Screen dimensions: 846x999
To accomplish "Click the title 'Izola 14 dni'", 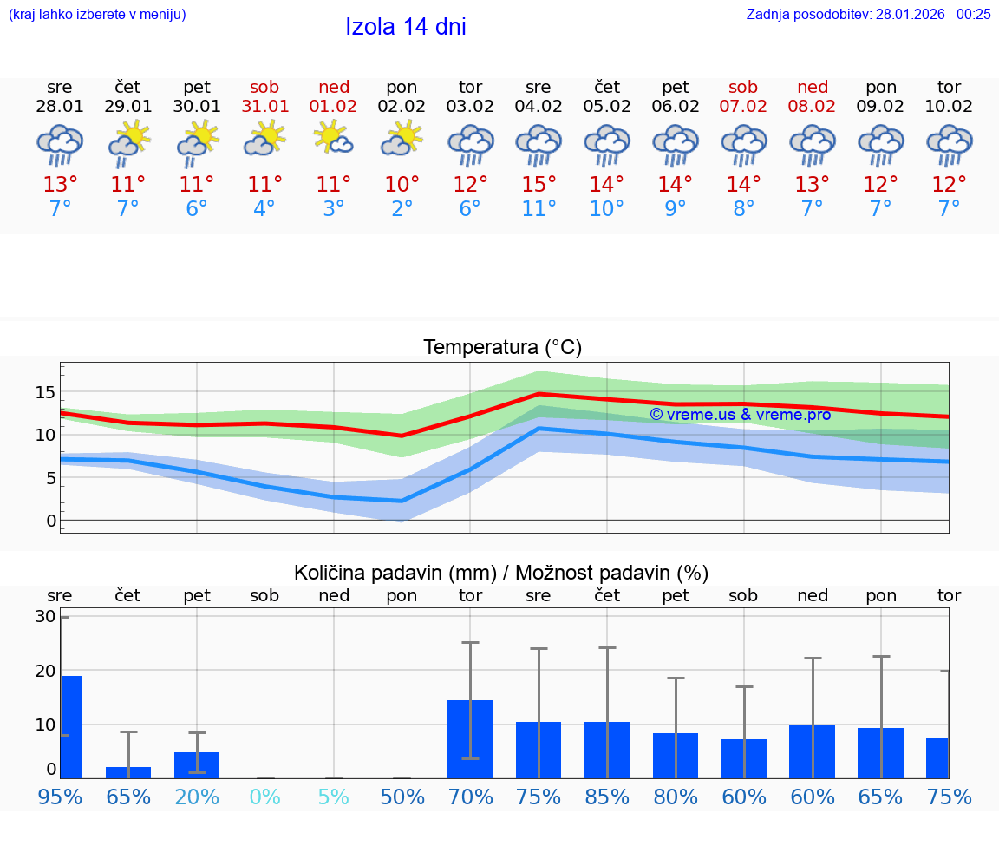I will [406, 27].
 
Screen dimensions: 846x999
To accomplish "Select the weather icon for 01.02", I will [333, 138].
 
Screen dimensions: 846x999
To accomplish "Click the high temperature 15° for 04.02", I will [539, 185].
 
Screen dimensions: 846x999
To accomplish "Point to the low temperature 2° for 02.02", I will [402, 209].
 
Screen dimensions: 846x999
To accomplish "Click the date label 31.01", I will [264, 106].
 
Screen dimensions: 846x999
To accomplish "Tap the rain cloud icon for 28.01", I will [60, 145].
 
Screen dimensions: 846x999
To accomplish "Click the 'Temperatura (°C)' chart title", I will [502, 348].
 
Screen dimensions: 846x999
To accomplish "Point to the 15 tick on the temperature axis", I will [46, 392].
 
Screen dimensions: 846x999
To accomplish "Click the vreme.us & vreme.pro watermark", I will [741, 415].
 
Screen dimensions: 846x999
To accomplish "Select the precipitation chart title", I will [501, 573].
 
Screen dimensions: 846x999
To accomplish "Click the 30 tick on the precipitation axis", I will [46, 617].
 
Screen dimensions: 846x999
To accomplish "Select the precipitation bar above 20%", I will [197, 765].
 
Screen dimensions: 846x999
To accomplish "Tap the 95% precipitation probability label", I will [60, 797].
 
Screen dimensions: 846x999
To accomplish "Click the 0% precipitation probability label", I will [264, 797].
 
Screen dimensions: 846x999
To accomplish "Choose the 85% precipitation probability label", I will [607, 797].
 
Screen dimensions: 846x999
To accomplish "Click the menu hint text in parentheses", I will [97, 14].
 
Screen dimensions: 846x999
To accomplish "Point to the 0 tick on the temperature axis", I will [51, 521].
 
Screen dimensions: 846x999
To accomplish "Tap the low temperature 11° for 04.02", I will [539, 209].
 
